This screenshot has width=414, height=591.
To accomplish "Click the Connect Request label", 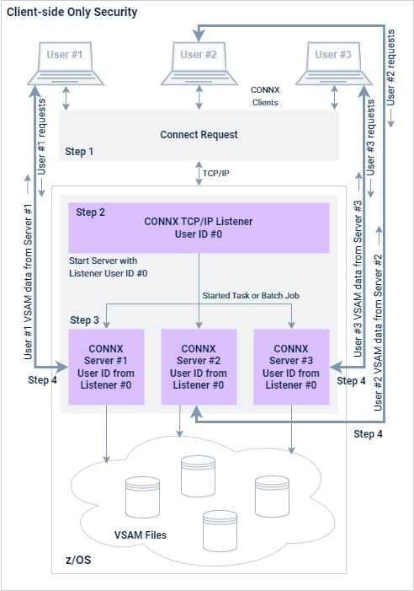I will pyautogui.click(x=199, y=135).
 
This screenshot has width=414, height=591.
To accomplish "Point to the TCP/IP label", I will pyautogui.click(x=217, y=172).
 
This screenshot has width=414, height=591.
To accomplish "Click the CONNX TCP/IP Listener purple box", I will pyautogui.click(x=199, y=228).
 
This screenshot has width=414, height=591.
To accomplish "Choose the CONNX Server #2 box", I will pyautogui.click(x=199, y=367).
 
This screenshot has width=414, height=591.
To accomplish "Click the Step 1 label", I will pyautogui.click(x=80, y=152).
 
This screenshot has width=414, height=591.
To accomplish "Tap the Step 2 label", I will pyautogui.click(x=90, y=212).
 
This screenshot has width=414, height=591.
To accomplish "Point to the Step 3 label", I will pyautogui.click(x=85, y=320).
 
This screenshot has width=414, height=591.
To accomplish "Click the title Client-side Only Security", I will pyautogui.click(x=72, y=13).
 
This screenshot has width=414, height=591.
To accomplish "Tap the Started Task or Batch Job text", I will pyautogui.click(x=251, y=295).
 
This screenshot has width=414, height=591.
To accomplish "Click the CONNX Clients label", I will pyautogui.click(x=266, y=95).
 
